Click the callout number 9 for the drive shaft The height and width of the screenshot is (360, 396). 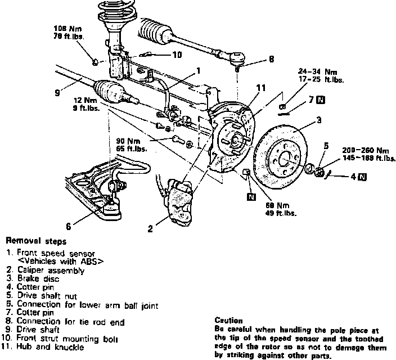(x=57, y=93)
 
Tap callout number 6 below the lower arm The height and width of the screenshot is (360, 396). (x=68, y=227)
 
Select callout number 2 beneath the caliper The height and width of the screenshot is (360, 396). (x=150, y=228)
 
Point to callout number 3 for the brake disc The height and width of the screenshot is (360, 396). (x=318, y=120)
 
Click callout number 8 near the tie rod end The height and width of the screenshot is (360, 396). (x=271, y=58)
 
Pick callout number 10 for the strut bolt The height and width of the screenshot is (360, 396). (x=177, y=55)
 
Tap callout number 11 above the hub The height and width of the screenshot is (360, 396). (x=259, y=87)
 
